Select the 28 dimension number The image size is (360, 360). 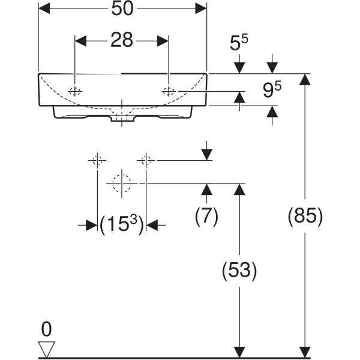(x=121, y=40)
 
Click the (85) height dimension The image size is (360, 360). (x=305, y=215)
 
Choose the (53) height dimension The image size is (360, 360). (x=239, y=271)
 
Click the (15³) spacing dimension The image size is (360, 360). (x=122, y=225)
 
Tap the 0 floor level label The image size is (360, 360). (x=46, y=329)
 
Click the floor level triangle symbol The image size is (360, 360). (x=46, y=347)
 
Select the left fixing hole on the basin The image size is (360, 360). (x=75, y=91)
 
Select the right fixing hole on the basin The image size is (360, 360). (x=169, y=91)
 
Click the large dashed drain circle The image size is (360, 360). (x=122, y=183)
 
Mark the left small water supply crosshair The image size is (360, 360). (x=97, y=160)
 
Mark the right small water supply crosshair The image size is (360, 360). (x=146, y=160)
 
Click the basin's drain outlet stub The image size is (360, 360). (x=122, y=119)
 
